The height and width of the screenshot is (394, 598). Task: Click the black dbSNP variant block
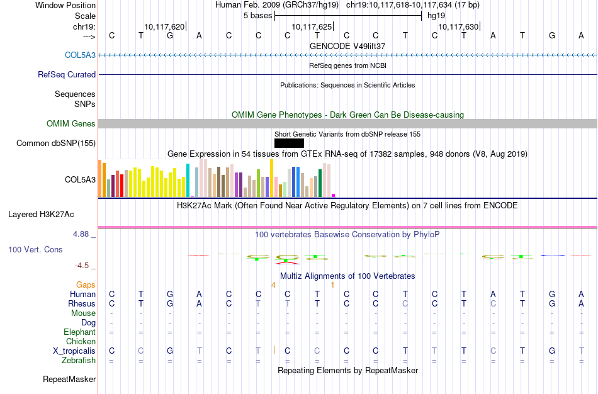tap(289, 144)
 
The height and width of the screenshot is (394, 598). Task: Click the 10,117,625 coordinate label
tap(312, 27)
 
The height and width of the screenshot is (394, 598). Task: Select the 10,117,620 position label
tap(164, 27)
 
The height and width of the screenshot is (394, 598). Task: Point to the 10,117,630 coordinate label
tap(458, 27)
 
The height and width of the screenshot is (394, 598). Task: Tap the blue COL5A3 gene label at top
tap(80, 55)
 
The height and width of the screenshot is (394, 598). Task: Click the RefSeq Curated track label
tap(67, 74)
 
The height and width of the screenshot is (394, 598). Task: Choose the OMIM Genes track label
tap(71, 124)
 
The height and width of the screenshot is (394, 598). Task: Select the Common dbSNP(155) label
tap(56, 144)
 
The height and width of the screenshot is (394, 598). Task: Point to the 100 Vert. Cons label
tap(35, 250)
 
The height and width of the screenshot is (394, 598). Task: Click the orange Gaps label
tap(86, 285)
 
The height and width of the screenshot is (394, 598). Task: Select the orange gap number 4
tap(273, 285)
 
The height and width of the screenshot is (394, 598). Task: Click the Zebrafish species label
tap(79, 360)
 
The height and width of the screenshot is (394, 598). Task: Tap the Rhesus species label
tap(82, 303)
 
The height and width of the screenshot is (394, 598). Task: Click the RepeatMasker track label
tap(69, 379)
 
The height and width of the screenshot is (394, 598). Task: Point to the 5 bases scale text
tap(257, 15)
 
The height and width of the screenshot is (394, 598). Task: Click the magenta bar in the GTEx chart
tap(334, 195)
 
